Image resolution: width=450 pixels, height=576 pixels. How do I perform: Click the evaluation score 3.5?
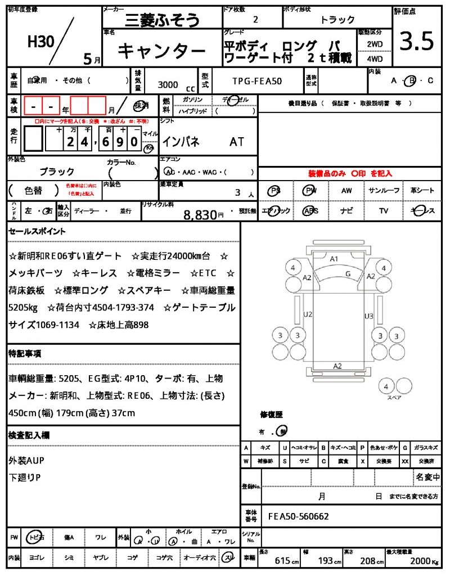(x=417, y=42)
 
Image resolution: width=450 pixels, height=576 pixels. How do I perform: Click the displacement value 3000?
(x=168, y=85)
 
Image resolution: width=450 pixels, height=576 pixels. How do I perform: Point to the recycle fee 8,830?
(x=200, y=214)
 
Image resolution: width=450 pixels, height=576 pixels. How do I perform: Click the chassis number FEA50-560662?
(x=299, y=516)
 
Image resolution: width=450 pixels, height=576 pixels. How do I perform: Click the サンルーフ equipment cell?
(x=384, y=191)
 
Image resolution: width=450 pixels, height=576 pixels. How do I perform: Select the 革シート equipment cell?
(x=422, y=191)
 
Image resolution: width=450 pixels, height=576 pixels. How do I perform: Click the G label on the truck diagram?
(x=348, y=274)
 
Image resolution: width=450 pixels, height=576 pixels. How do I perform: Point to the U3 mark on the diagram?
(x=369, y=316)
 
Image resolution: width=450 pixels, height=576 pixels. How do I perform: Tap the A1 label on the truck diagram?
(x=334, y=259)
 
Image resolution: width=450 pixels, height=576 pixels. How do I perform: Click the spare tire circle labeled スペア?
(x=386, y=387)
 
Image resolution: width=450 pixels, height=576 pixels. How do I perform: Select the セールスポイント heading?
(x=37, y=231)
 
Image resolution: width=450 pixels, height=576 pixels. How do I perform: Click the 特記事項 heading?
(x=24, y=354)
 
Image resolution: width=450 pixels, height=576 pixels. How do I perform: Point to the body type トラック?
(x=337, y=20)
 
